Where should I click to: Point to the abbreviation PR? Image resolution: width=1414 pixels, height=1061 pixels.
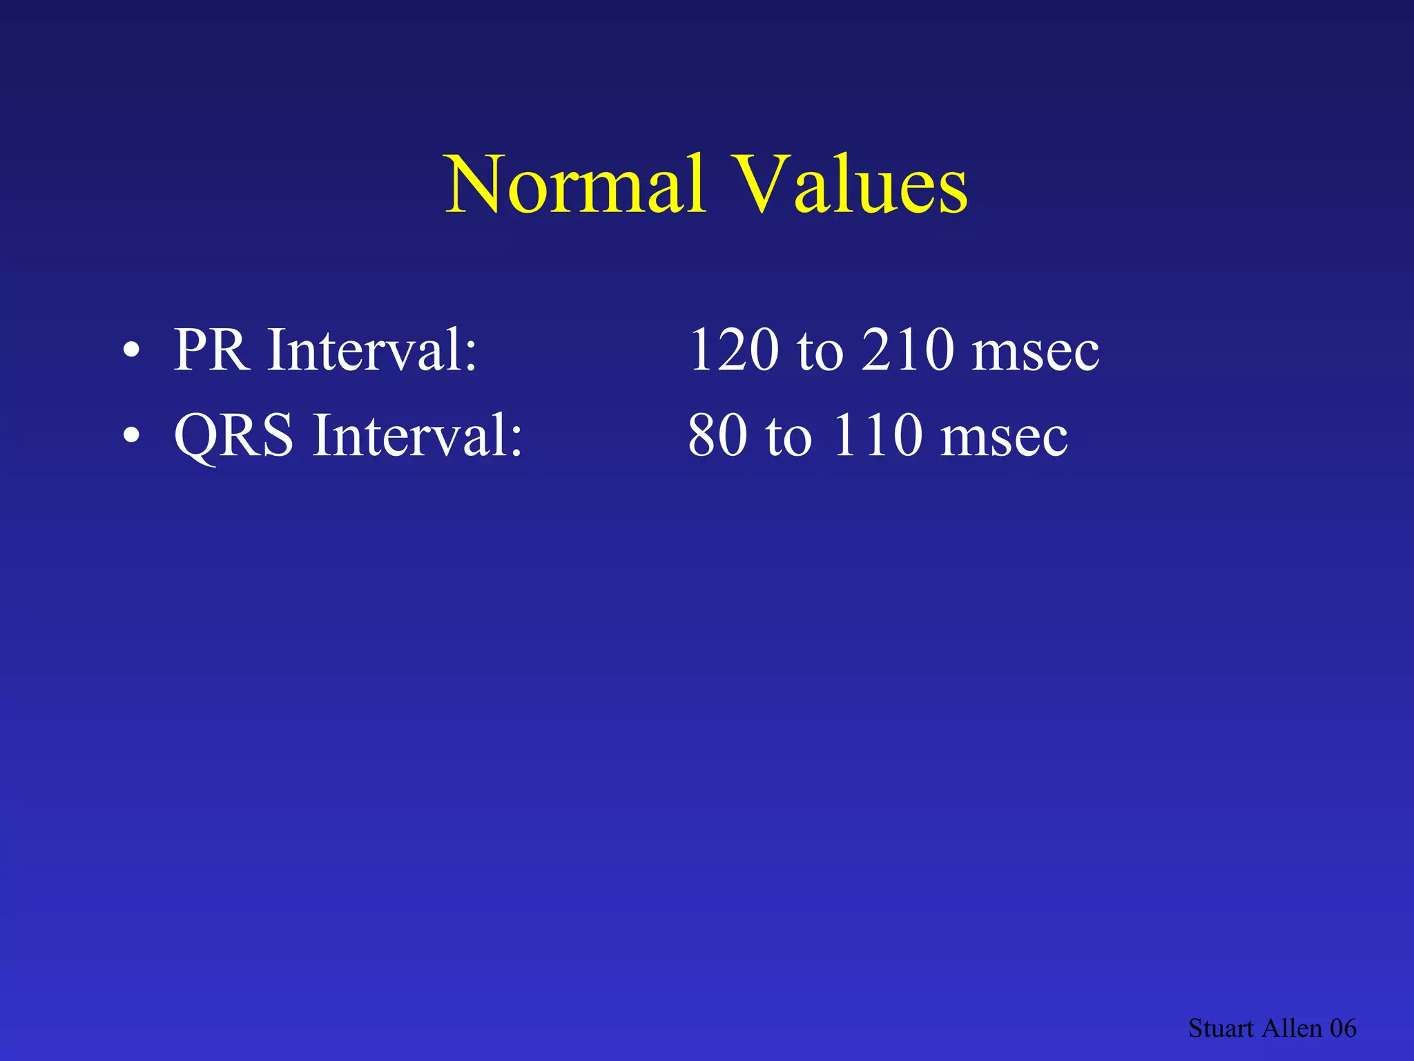pyautogui.click(x=211, y=350)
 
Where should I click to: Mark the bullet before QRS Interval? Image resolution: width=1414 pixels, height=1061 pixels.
pyautogui.click(x=131, y=436)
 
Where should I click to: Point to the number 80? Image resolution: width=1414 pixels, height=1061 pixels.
pyautogui.click(x=718, y=436)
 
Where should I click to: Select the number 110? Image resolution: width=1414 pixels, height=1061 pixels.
pyautogui.click(x=877, y=436)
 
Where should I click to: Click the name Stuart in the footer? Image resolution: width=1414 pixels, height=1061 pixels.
pyautogui.click(x=1220, y=1029)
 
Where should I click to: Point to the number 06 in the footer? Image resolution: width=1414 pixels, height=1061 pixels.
pyautogui.click(x=1343, y=1029)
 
